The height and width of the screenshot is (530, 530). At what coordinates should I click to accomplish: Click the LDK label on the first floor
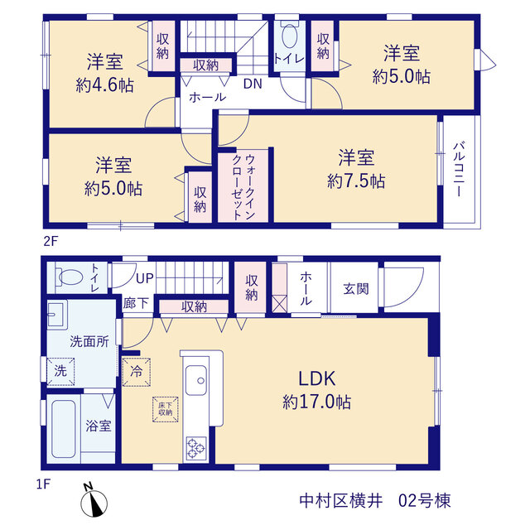tap(316, 378)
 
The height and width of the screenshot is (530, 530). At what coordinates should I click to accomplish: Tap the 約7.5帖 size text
tap(356, 181)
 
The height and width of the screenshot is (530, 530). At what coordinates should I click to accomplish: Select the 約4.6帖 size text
tap(105, 85)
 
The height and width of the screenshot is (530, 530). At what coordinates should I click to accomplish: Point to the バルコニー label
tap(459, 169)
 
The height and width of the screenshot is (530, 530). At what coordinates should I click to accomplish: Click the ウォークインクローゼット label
tap(243, 186)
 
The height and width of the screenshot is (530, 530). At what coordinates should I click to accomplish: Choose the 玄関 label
tap(355, 289)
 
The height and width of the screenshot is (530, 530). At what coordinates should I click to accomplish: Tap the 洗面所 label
tap(89, 341)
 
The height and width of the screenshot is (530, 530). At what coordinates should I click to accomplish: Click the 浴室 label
tap(98, 426)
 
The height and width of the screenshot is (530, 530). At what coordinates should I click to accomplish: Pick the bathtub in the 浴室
tap(63, 429)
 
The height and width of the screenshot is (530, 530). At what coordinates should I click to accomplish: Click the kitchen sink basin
tap(195, 380)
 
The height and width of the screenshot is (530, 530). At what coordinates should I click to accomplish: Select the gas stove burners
tap(196, 448)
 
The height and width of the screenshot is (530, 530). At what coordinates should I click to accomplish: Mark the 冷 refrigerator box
tap(136, 372)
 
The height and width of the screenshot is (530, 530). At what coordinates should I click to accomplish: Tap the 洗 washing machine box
tap(60, 371)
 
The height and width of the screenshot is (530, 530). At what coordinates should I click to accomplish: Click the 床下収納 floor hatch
tap(166, 409)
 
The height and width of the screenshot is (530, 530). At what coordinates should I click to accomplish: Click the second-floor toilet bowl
tap(289, 35)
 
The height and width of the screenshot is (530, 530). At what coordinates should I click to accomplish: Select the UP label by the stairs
tap(145, 278)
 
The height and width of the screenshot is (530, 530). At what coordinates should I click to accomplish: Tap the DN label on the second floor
tap(253, 84)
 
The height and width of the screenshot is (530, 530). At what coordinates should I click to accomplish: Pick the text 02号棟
tap(425, 500)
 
